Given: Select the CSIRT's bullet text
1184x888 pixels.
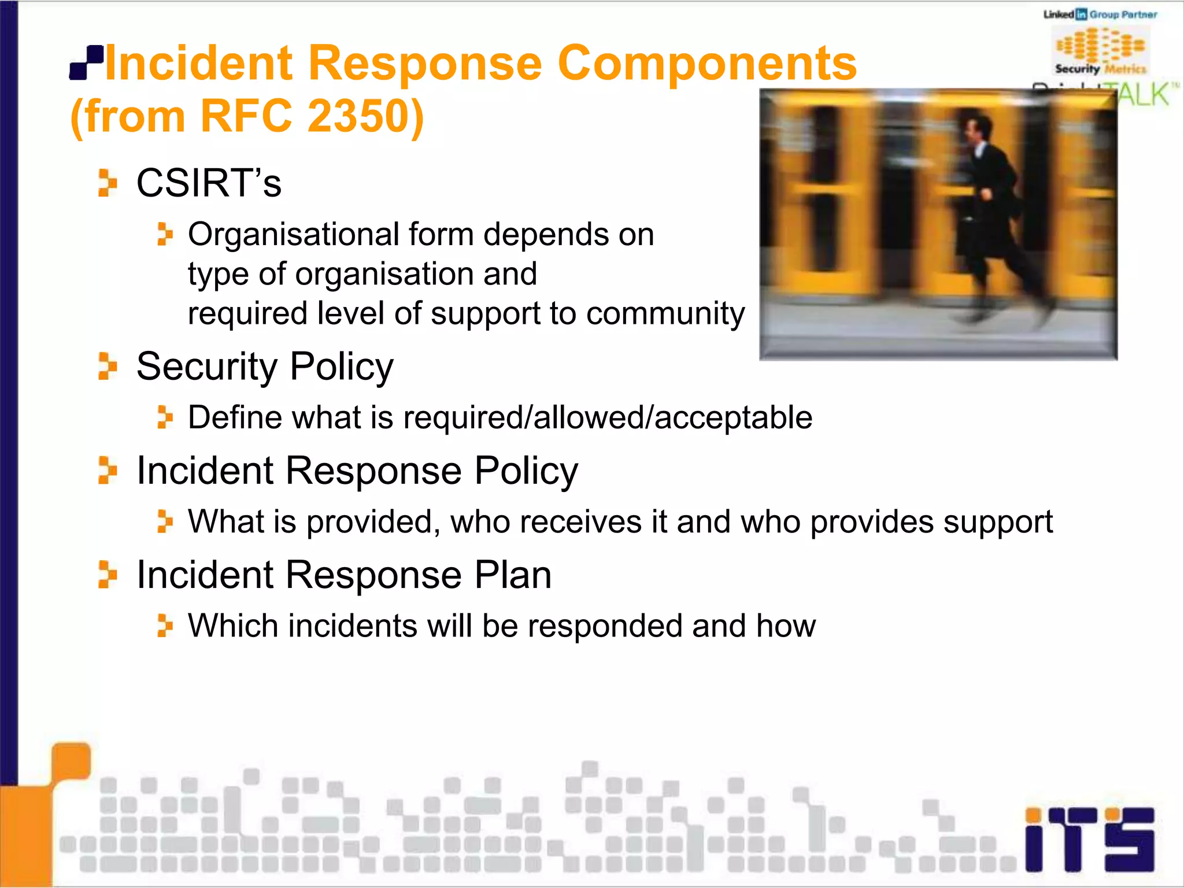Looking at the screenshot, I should (209, 183).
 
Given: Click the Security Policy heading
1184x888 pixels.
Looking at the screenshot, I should (265, 367).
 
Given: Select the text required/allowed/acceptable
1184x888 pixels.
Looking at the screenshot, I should (607, 417).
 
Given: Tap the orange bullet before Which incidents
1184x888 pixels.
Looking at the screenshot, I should (165, 626).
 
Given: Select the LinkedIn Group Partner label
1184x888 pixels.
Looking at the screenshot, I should (1100, 14).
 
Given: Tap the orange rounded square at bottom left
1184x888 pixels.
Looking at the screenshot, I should (71, 763).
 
